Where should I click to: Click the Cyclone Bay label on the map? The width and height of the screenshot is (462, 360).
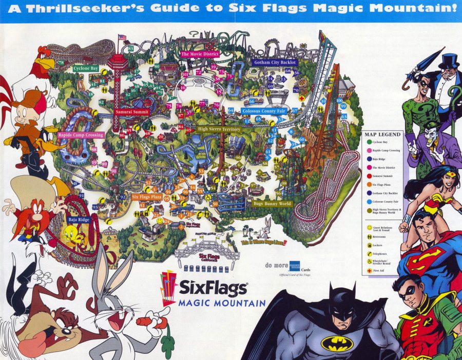tap(86, 68)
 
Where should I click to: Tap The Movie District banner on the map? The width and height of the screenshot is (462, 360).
tap(200, 54)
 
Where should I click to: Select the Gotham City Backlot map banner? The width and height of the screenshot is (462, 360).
tap(275, 63)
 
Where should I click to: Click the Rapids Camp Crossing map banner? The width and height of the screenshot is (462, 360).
tap(81, 135)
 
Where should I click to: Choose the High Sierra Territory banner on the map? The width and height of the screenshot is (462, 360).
tap(219, 129)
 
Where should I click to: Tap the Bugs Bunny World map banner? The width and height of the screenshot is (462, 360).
tap(272, 204)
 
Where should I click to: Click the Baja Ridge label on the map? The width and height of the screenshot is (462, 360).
tap(79, 219)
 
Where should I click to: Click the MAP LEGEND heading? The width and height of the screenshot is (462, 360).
tap(382, 134)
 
